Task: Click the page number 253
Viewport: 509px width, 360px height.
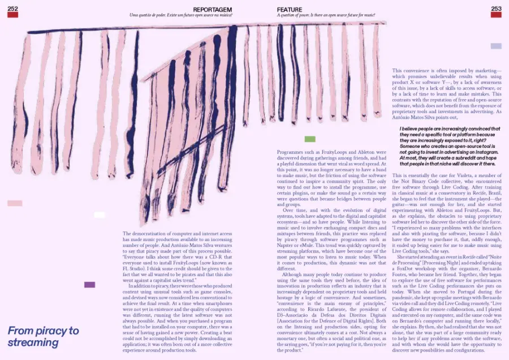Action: [x=496, y=8]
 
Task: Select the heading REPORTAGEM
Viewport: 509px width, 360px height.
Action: [x=212, y=9]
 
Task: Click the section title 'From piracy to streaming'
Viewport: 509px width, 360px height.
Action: [x=43, y=336]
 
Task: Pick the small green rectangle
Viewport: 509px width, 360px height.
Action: [x=309, y=139]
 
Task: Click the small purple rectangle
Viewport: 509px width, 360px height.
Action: [x=89, y=285]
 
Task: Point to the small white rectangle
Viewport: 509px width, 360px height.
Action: [x=99, y=215]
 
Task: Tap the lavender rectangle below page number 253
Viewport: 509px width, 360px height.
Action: [x=496, y=46]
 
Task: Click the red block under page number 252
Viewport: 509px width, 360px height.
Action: [x=12, y=16]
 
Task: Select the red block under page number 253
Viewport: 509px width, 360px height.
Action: [x=496, y=16]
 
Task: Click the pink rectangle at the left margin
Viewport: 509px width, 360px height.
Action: [x=15, y=203]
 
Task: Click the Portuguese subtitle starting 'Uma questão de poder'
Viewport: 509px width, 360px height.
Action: [x=180, y=16]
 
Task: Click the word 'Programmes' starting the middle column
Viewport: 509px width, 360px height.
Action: [x=290, y=153]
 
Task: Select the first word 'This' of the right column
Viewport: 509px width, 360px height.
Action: [x=398, y=71]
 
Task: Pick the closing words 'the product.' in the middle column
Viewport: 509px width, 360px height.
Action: [x=290, y=351]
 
